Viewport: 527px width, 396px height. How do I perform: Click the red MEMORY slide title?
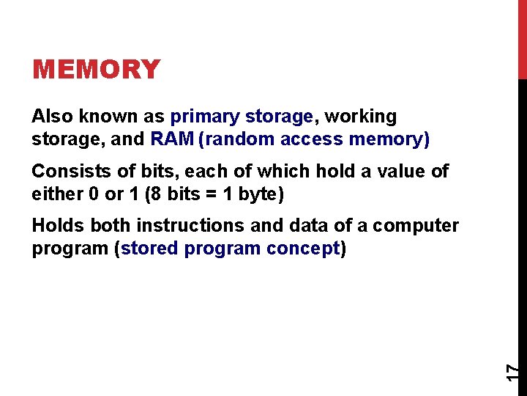point(96,70)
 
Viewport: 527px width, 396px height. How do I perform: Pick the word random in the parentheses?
point(238,139)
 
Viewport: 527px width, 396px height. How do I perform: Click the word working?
point(361,117)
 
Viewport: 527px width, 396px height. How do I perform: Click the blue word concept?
point(303,249)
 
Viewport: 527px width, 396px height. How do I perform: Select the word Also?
point(51,117)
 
